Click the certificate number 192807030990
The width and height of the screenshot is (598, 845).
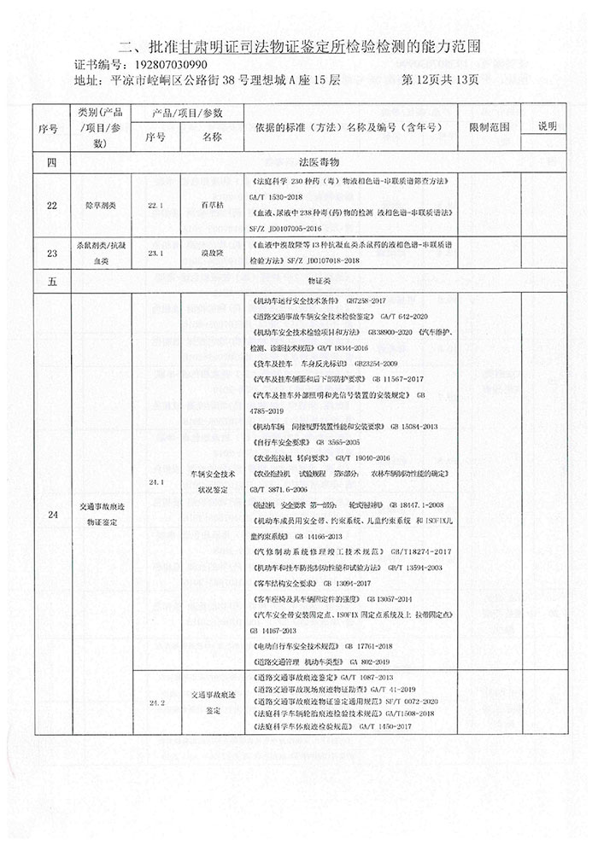tap(168, 65)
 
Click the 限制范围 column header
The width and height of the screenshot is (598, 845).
tap(490, 126)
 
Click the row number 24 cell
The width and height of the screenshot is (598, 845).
tap(54, 514)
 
